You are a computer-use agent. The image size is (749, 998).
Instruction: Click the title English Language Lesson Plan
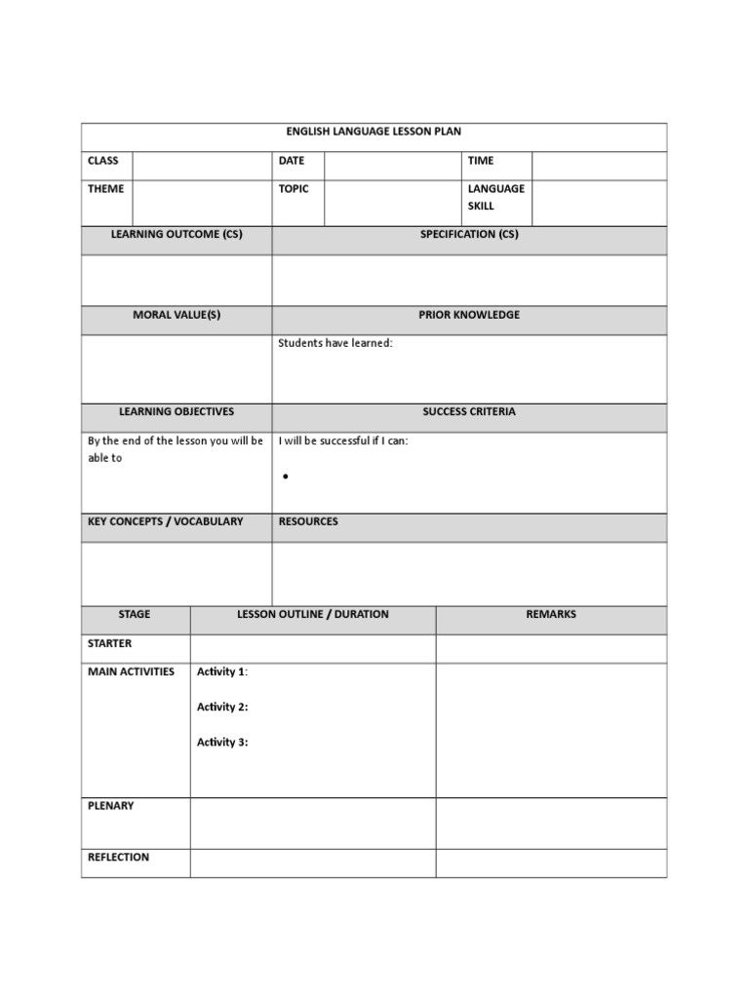pos(374,132)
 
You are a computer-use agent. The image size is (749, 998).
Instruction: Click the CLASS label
pos(102,161)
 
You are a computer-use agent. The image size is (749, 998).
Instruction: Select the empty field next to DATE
pos(392,166)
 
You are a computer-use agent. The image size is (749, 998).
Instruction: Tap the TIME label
pos(481,161)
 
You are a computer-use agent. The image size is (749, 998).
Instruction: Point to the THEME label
pos(105,189)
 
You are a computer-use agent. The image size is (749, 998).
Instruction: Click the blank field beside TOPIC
pos(392,203)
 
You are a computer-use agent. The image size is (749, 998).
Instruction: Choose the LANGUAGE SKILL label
pos(495,197)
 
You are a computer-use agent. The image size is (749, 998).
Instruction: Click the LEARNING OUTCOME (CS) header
pos(177,235)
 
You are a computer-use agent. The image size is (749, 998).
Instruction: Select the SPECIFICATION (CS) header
pos(469,235)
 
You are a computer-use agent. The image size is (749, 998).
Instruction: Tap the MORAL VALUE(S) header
pos(177,315)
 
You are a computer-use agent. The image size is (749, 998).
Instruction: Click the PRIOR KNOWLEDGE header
pos(469,315)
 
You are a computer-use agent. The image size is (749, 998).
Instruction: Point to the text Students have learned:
pos(335,343)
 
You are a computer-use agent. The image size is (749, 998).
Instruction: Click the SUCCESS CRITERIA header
pos(469,412)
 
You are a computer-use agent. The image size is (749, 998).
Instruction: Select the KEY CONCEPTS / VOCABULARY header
pos(165,521)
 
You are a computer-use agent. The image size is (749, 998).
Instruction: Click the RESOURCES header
pos(308,521)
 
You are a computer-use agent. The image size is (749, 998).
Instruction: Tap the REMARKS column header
pos(551,614)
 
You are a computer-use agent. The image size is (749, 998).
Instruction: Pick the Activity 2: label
pos(222,707)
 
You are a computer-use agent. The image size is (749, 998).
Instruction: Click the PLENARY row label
pos(111,806)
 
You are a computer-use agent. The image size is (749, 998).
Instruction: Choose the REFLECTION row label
pos(119,858)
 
